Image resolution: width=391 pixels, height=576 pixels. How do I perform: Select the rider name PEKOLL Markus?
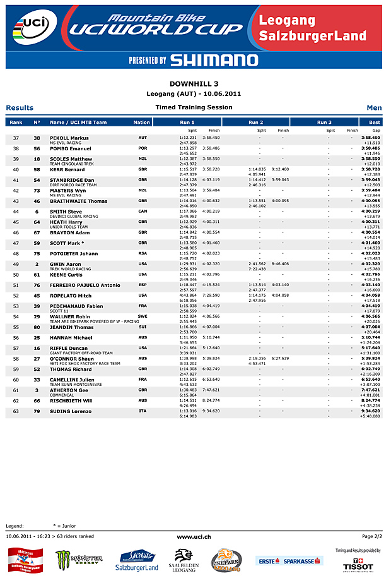(69, 138)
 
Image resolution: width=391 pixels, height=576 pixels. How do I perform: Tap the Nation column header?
(142, 122)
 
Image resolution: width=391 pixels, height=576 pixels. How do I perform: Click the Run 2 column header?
(256, 122)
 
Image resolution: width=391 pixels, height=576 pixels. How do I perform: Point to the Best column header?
(375, 122)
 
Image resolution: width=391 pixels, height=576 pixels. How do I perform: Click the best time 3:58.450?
(370, 138)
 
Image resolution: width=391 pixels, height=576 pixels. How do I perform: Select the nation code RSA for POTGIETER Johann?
(143, 253)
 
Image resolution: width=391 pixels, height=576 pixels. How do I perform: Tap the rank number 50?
(16, 275)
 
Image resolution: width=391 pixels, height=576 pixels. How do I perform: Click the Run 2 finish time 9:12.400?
(280, 169)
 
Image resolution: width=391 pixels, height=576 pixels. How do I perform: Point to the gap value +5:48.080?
(370, 416)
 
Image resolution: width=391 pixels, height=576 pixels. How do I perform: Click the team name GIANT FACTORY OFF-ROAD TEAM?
(81, 353)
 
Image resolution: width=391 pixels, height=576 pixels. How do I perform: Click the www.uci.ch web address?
(194, 536)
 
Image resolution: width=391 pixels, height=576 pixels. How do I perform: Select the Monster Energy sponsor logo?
(79, 558)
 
